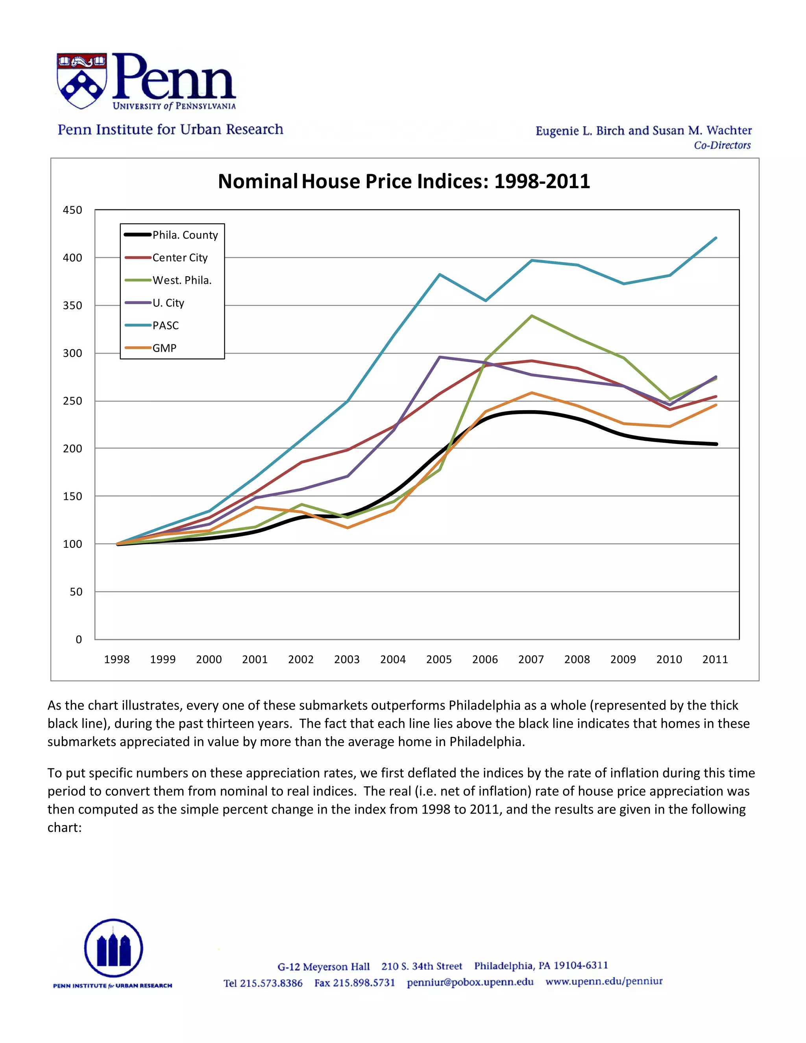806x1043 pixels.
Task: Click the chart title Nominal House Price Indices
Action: click(404, 181)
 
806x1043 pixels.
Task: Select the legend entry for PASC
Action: click(165, 326)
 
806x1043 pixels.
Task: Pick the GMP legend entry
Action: click(164, 348)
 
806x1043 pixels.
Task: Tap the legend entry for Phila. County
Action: click(185, 235)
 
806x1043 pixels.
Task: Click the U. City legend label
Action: click(168, 303)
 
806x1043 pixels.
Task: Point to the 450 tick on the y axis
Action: click(72, 210)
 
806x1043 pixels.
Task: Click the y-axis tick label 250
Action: click(72, 401)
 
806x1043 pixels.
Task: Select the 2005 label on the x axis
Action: click(439, 660)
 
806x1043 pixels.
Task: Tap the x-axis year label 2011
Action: click(715, 660)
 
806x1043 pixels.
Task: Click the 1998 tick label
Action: click(116, 660)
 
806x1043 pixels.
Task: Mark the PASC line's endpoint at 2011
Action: click(716, 238)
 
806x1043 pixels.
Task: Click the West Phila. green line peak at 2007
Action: click(531, 316)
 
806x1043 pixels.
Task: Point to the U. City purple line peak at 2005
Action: click(439, 357)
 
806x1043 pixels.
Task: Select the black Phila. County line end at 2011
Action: click(716, 444)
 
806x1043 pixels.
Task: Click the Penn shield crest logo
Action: click(81, 80)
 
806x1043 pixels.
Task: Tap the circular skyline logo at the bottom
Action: click(114, 948)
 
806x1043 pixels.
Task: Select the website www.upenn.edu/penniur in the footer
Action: click(604, 981)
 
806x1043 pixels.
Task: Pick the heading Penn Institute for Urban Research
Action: click(170, 129)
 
